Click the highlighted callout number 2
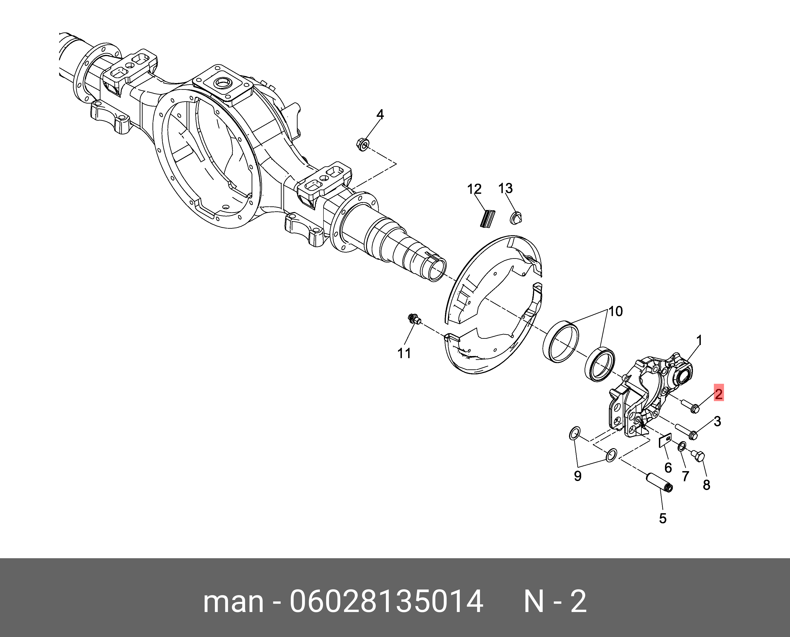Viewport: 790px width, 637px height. tap(718, 394)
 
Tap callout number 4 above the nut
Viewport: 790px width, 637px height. tap(380, 115)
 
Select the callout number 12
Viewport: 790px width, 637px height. tap(474, 189)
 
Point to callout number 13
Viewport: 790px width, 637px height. tap(505, 188)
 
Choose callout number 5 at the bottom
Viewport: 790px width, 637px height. tap(662, 518)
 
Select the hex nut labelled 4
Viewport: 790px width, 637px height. tap(363, 144)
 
